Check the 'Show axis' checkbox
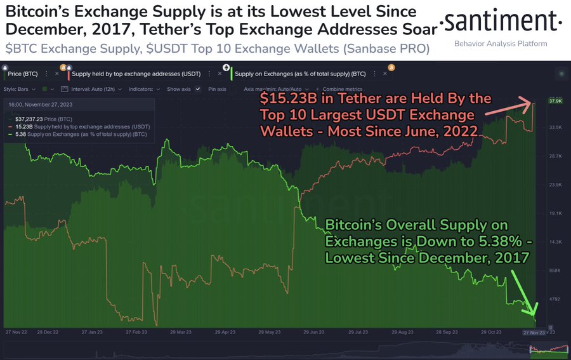[x=198, y=89]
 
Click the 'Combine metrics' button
[x=342, y=89]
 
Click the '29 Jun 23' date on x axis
[x=316, y=332]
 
